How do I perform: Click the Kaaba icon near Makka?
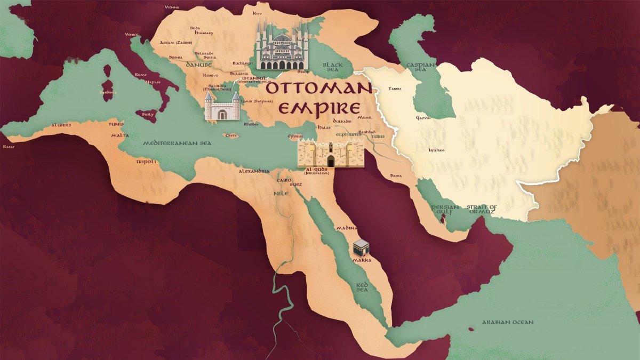point(361,247)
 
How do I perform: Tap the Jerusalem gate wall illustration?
point(326,153)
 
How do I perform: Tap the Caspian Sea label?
point(418,67)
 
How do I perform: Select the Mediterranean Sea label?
point(177,143)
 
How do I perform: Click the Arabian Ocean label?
point(508,322)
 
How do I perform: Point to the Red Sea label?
point(362,287)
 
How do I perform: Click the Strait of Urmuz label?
point(481,210)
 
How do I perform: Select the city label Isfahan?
point(436,150)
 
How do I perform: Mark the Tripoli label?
point(146,161)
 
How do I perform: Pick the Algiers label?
point(61,125)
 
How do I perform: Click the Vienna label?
point(172,7)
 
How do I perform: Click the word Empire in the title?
point(319,108)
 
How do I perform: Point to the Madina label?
point(346,228)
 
